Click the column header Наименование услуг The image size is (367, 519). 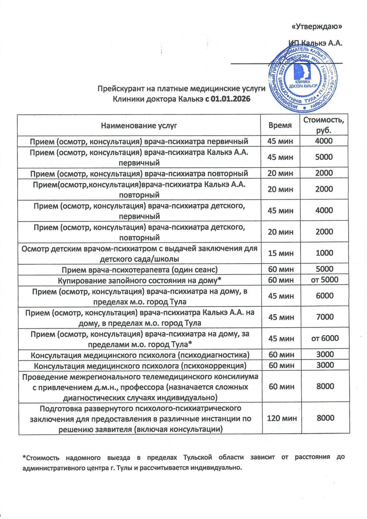[x=139, y=125]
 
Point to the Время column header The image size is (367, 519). [x=280, y=125]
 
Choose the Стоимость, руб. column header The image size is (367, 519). [x=324, y=125]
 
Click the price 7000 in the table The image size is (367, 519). [x=324, y=317]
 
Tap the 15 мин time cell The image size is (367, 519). [x=281, y=253]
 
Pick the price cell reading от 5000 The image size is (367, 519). [x=324, y=280]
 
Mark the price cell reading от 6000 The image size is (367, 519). [x=325, y=338]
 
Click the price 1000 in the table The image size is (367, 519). [x=324, y=253]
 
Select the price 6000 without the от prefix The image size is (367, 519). [x=324, y=295]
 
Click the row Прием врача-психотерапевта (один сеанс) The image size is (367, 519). [x=139, y=269]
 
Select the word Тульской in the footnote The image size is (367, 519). [x=196, y=457]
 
